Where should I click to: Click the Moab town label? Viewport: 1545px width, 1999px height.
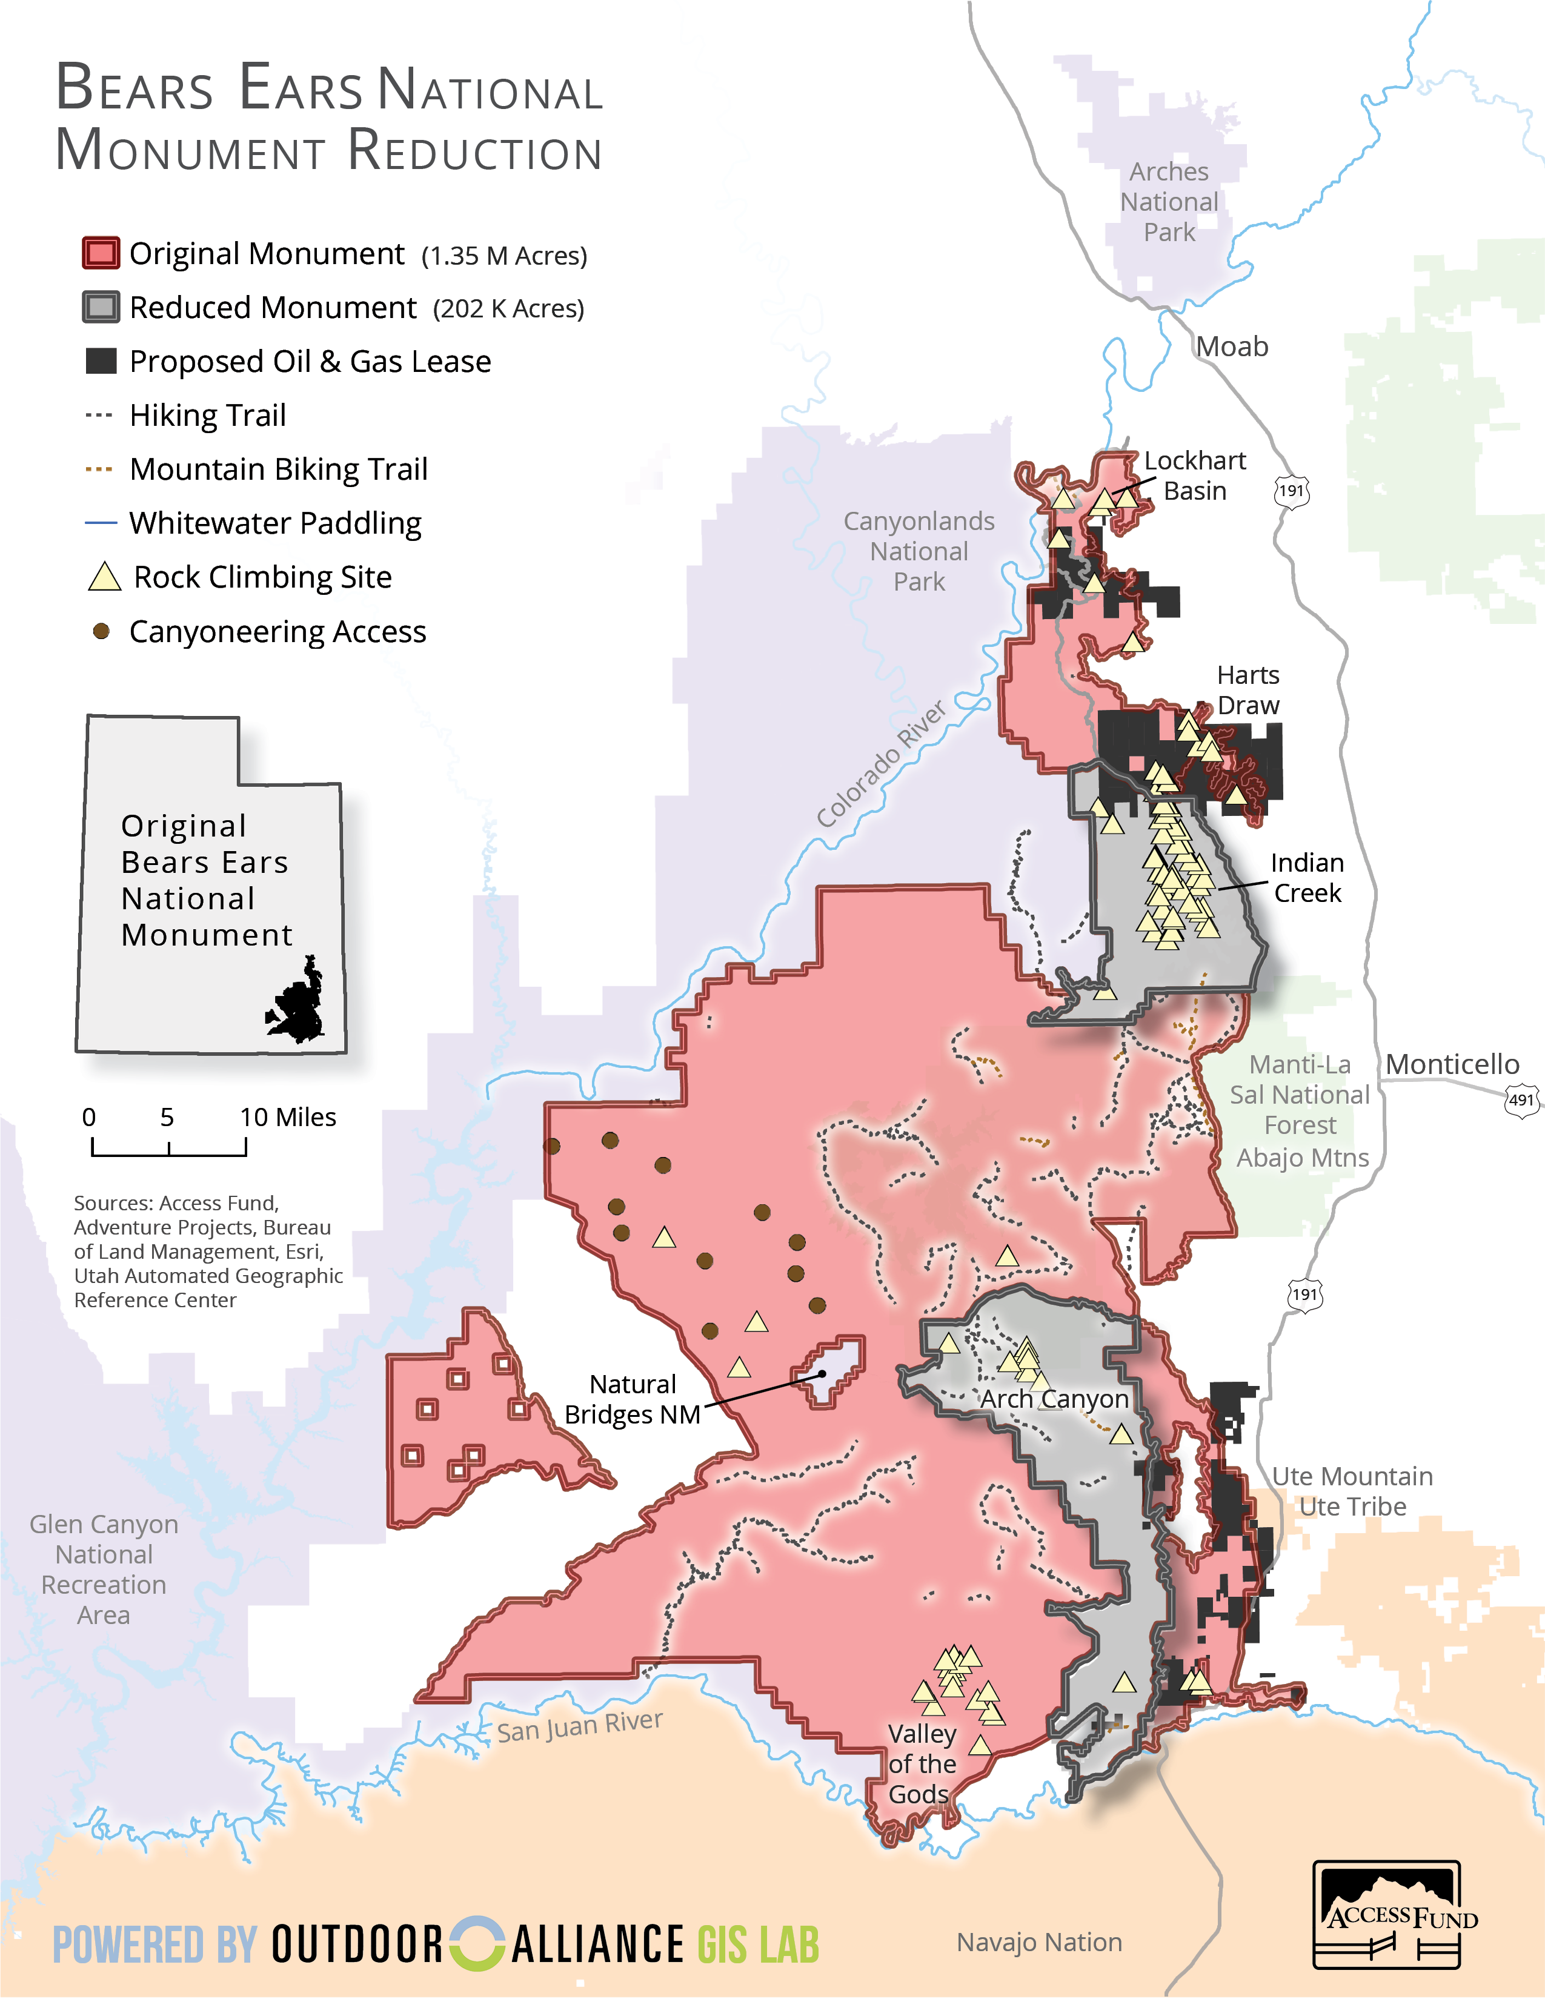tap(1232, 347)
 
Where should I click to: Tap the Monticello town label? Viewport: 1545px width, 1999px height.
tap(1452, 1064)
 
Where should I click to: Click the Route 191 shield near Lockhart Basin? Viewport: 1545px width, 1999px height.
tap(1292, 491)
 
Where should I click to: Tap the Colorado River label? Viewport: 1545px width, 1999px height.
tap(880, 764)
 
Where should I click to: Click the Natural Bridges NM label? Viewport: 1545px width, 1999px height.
tap(633, 1399)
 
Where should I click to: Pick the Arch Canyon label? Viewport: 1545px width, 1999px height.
tap(1054, 1399)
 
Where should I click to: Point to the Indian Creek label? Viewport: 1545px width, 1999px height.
tap(1307, 878)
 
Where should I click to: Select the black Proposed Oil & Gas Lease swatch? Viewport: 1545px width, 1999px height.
tap(101, 362)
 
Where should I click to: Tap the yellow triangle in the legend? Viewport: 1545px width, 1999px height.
tap(104, 577)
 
